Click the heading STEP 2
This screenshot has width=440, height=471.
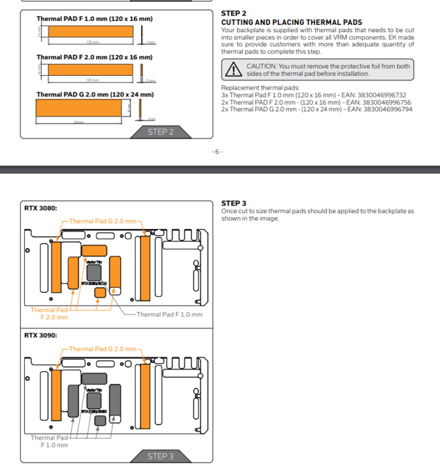coord(234,13)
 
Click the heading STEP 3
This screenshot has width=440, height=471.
coord(234,203)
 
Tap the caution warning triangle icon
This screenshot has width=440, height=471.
coord(232,69)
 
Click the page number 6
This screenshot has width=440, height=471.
coord(217,151)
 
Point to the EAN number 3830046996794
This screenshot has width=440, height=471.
coord(389,109)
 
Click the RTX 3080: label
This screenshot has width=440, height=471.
coord(41,208)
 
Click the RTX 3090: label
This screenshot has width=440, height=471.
coord(41,335)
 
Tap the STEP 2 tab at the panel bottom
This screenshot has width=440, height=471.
coord(161,132)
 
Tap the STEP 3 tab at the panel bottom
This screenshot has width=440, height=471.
coord(161,456)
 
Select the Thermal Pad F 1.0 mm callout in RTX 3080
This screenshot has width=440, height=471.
coord(169,314)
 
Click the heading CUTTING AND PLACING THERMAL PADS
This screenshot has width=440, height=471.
coord(292,22)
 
